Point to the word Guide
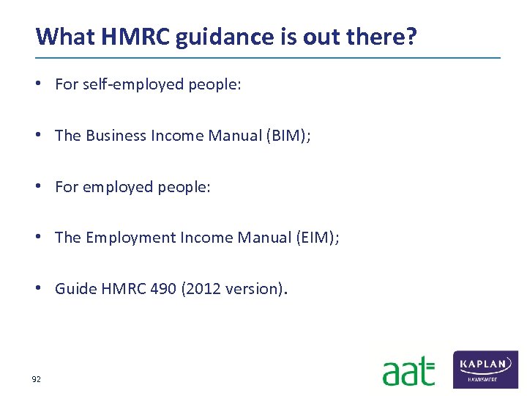71,289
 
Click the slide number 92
36,379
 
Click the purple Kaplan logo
485,369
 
